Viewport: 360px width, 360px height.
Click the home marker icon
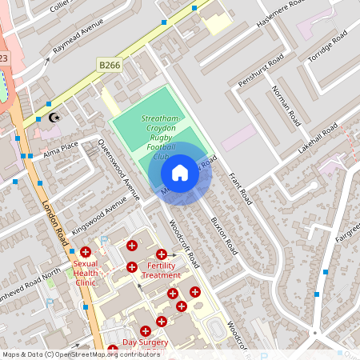(180, 172)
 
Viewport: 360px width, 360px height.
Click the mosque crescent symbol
(54, 118)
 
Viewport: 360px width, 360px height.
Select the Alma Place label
(61, 149)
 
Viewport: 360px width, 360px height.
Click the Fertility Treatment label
(161, 270)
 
